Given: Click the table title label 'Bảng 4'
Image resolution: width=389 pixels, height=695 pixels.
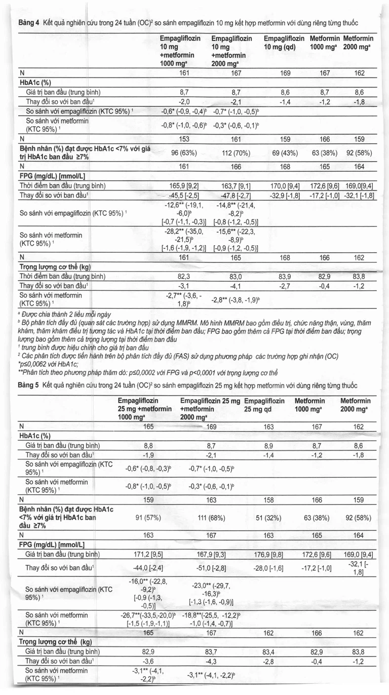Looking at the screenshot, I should [28, 23].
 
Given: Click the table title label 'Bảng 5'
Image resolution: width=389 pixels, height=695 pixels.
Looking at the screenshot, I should [28, 385].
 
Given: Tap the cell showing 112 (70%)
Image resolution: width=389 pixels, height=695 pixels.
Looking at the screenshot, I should [233, 152].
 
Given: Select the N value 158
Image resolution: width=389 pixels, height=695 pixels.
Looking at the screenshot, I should [268, 499].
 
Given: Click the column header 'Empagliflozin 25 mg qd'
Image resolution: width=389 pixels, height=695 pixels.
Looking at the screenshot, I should [268, 404].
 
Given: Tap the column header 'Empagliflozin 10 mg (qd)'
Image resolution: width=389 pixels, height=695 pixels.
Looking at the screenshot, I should [284, 43].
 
